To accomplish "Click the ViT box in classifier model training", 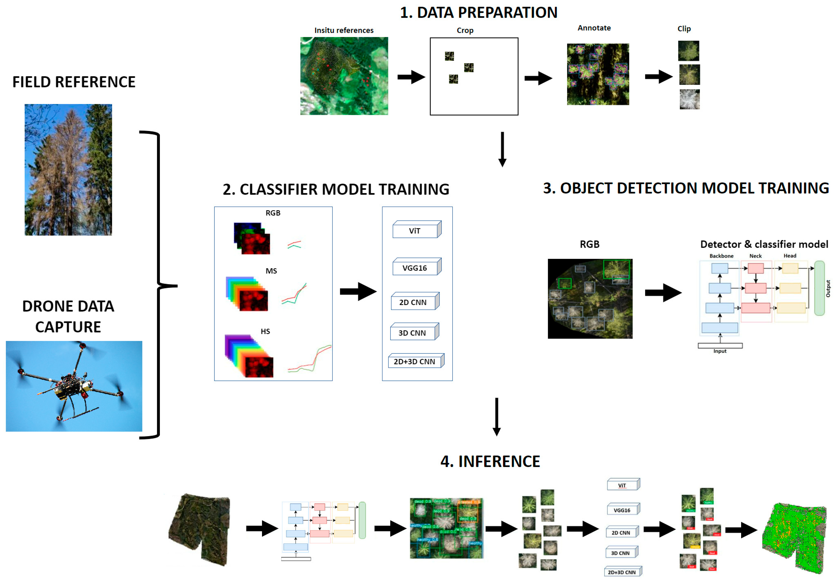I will tap(415, 231).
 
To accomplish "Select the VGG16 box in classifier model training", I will tap(415, 268).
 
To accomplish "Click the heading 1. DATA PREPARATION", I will tap(478, 13).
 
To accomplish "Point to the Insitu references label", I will tap(344, 30).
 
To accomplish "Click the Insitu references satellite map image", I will tap(344, 76).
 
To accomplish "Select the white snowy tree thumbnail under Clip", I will tap(690, 99).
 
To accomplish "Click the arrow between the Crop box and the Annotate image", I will tap(538, 78).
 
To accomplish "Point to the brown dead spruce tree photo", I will tap(68, 170).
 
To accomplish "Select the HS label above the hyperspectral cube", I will tap(265, 332).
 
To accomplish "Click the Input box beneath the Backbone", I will tap(720, 345).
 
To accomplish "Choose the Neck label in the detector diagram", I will tap(755, 256).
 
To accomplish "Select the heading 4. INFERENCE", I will tap(490, 461).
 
